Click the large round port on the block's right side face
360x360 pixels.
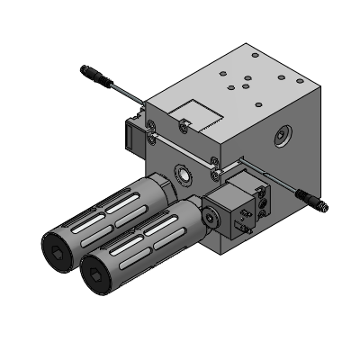pyautogui.click(x=283, y=137)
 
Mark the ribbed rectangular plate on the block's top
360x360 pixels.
pyautogui.click(x=197, y=114)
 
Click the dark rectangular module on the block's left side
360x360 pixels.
pyautogui.click(x=129, y=137)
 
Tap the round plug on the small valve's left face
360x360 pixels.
pyautogui.click(x=212, y=217)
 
